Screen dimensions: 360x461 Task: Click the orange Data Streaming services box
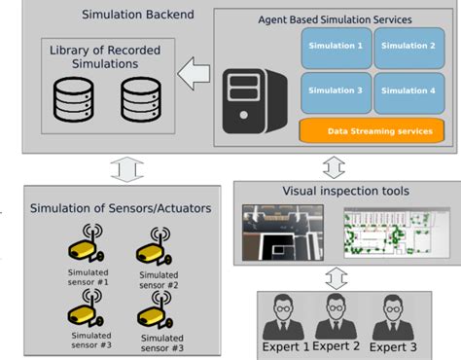pyautogui.click(x=372, y=129)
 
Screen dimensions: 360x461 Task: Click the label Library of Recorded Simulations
pyautogui.click(x=100, y=55)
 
